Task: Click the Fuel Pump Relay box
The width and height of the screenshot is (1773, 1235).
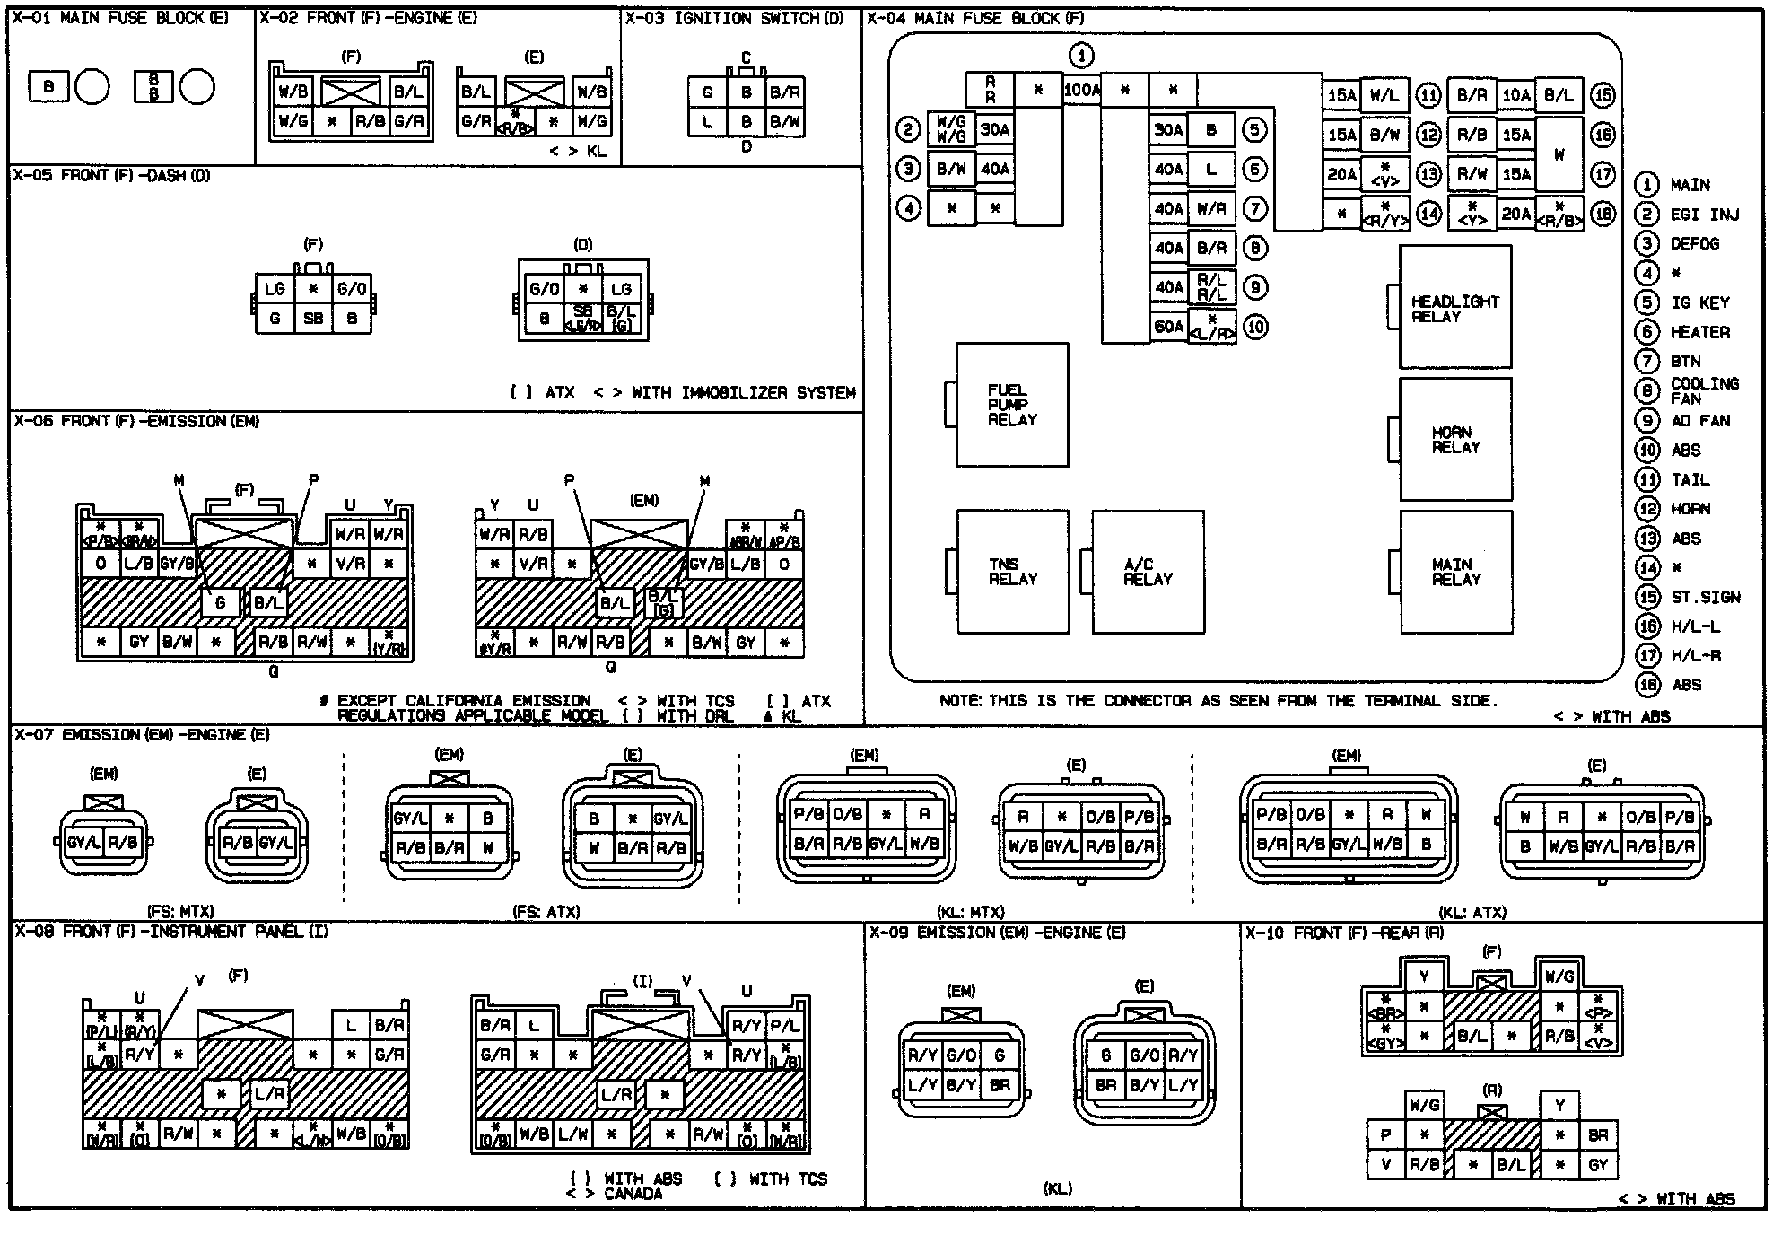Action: pos(1012,405)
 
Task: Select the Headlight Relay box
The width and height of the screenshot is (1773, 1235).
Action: pos(1455,308)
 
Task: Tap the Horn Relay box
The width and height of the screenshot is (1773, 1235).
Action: pos(1455,439)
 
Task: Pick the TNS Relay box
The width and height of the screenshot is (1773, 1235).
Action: pos(1012,572)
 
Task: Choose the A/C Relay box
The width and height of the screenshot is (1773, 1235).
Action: pos(1148,572)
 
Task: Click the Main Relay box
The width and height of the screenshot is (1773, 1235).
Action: pos(1455,572)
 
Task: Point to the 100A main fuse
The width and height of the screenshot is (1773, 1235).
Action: pos(1082,90)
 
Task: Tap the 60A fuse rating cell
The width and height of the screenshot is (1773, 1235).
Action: pos(1168,327)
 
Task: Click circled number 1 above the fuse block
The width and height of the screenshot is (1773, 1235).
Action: pos(1082,56)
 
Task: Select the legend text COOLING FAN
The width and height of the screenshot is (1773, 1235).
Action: pos(1704,391)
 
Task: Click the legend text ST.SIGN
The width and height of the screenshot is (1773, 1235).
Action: pos(1705,597)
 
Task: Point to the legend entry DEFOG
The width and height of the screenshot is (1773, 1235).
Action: pos(1694,244)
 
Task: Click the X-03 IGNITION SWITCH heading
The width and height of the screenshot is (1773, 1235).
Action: pos(734,18)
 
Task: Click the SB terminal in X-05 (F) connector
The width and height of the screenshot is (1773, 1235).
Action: pos(313,318)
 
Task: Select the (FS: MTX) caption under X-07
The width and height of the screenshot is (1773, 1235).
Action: pos(180,912)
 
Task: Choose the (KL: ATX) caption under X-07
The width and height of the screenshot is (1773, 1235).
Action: pos(1472,912)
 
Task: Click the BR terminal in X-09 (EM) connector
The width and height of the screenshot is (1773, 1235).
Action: pos(1000,1085)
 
